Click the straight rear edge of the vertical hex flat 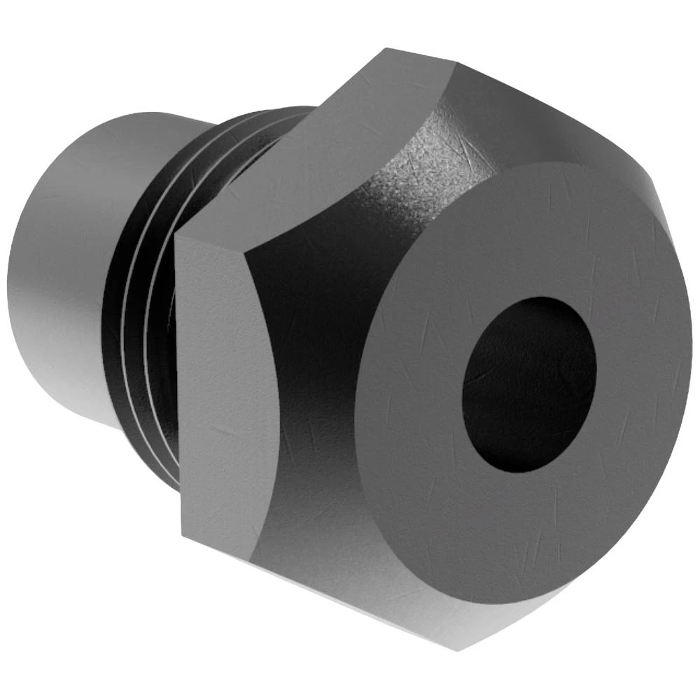(x=178, y=385)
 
